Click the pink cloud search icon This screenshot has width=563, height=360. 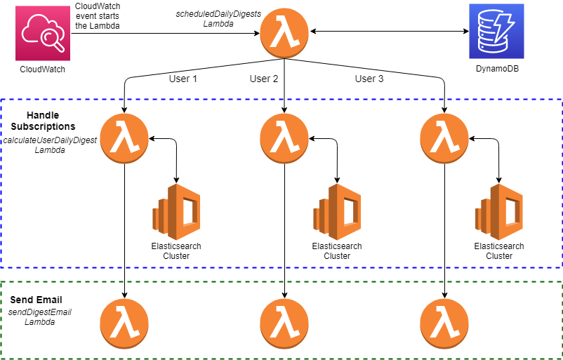tap(43, 33)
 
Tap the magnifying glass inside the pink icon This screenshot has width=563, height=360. tap(52, 39)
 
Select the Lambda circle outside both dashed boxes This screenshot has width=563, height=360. tap(284, 33)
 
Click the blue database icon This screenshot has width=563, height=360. tap(496, 31)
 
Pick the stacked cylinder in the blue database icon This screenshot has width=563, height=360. tap(491, 34)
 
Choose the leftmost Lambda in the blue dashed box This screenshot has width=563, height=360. tap(124, 138)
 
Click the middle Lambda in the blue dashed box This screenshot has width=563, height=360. tap(284, 138)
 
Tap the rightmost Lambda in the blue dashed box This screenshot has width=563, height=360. tap(444, 138)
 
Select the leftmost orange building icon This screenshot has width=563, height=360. tap(177, 212)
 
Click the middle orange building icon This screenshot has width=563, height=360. tap(338, 212)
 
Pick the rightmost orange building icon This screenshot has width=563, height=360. tap(499, 212)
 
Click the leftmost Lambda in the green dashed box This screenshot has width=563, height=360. tap(124, 324)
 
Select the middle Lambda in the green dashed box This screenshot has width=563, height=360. tap(284, 324)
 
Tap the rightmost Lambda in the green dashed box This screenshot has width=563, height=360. tap(444, 324)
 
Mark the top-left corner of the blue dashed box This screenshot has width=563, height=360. tap(1, 100)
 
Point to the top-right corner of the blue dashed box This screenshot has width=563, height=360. tap(561, 100)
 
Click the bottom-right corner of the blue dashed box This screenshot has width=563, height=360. tap(561, 267)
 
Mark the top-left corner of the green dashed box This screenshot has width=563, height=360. tap(1, 282)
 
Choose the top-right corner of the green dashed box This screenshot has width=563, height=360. tap(561, 282)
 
